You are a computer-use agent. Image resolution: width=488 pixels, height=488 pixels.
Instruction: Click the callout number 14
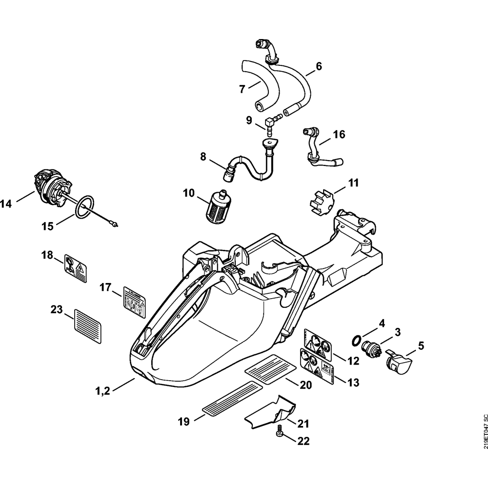click(6, 204)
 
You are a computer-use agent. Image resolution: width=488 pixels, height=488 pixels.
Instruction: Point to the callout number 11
click(353, 183)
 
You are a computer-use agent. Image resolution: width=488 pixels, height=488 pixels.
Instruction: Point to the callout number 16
click(339, 134)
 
